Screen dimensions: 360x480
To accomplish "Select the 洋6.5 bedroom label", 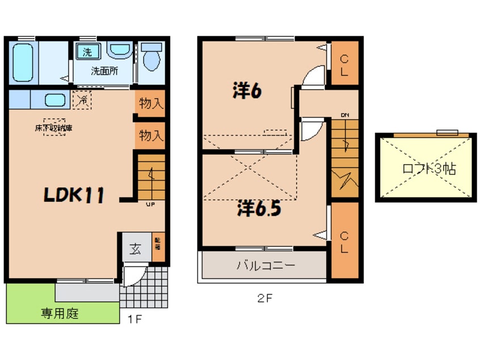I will tap(259, 209).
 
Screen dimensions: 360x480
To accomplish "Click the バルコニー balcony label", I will tap(266, 265).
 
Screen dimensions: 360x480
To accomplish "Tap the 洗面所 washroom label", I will tap(105, 72).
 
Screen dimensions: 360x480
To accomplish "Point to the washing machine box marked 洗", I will tap(87, 52).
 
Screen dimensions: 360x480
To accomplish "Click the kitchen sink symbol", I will tap(56, 101).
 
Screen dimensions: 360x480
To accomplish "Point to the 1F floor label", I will tap(134, 319).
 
